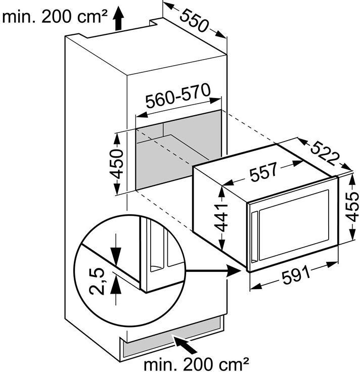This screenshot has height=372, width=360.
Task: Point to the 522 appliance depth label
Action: pos(324,151)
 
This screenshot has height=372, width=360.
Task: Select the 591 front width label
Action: pos(295,275)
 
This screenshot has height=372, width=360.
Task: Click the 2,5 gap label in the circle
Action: pos(98,282)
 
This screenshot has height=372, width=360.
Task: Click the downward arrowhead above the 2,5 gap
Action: pos(116,257)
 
